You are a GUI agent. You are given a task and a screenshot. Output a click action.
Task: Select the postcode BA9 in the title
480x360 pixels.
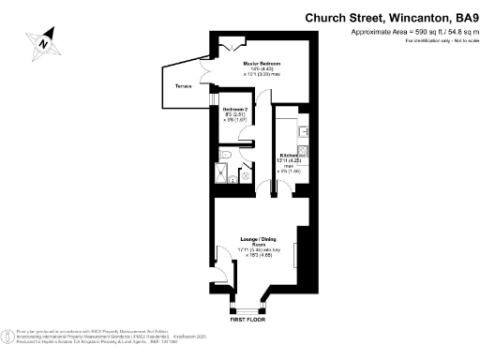tap(465, 17)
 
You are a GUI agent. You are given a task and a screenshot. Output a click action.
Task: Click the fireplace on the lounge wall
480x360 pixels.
tap(297, 254)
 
